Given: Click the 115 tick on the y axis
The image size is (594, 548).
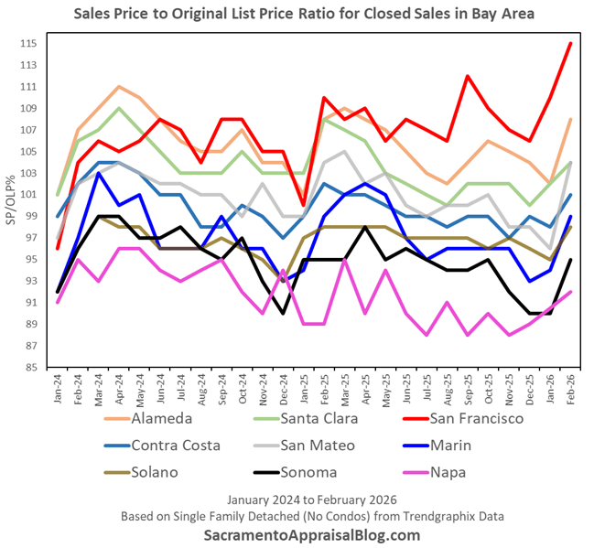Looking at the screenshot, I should pyautogui.click(x=29, y=44).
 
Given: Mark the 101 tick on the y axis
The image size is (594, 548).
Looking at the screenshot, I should pyautogui.click(x=29, y=195).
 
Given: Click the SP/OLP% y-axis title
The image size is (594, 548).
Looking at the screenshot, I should pyautogui.click(x=11, y=206).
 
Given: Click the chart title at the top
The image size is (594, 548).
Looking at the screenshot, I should pyautogui.click(x=297, y=15).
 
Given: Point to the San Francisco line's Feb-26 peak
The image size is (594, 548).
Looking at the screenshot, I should pyautogui.click(x=570, y=44).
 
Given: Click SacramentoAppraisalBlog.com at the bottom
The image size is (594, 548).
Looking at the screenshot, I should pyautogui.click(x=297, y=534).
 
